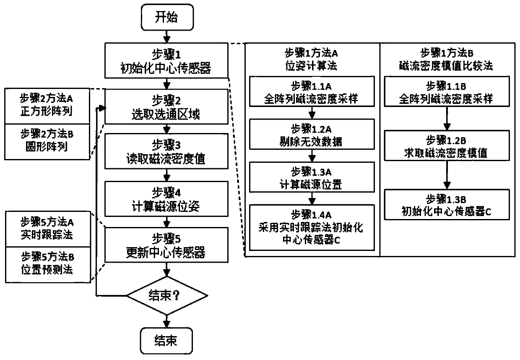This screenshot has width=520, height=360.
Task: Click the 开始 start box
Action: point(167,17)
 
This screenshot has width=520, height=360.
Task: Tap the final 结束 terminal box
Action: point(166,341)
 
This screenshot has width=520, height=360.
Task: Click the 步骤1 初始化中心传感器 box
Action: point(166,60)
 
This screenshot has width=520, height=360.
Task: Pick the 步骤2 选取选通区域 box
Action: point(166,107)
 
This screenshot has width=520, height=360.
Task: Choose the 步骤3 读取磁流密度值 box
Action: point(166,151)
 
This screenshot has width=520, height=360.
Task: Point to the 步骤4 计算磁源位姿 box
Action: point(166,199)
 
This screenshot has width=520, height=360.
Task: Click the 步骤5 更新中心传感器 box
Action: point(166,245)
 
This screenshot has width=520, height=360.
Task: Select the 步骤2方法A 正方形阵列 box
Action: point(47,106)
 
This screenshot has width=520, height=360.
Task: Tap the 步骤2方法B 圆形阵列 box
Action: point(47,142)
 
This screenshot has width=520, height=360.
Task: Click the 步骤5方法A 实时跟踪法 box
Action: point(48,229)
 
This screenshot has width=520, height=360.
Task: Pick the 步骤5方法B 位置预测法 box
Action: point(48,265)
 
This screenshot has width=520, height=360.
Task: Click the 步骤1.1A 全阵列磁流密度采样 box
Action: point(312,91)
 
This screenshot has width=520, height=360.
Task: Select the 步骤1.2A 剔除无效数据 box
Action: point(312,134)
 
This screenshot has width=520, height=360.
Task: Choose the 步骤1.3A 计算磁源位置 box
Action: point(312,177)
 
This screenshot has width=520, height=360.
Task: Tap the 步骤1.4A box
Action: point(312,227)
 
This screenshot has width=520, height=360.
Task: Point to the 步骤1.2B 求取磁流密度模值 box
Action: point(447,146)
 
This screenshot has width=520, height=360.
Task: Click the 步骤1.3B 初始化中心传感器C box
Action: point(447,205)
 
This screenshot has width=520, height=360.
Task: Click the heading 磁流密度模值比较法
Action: point(446,66)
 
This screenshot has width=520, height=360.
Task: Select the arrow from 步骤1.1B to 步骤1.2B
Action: point(447,118)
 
